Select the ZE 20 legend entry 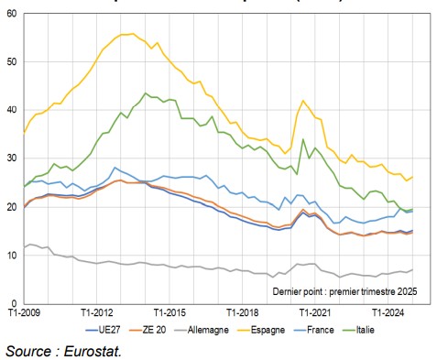[x=157, y=328]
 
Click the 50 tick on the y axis [x=10, y=62]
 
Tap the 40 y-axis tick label [x=10, y=110]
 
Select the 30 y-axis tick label [x=10, y=158]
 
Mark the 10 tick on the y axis [x=10, y=255]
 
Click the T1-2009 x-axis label [x=25, y=312]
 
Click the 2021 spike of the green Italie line [x=303, y=139]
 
